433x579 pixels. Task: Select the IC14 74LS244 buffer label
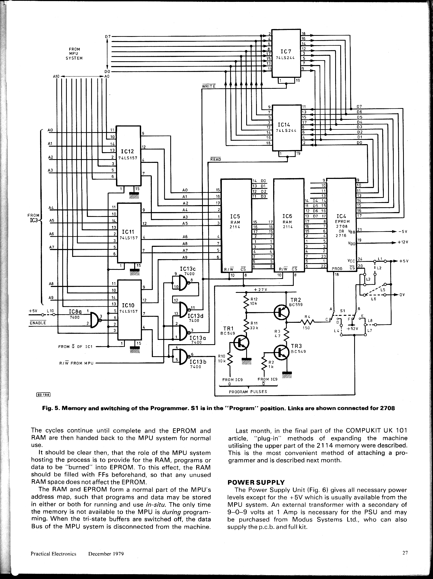[285, 127]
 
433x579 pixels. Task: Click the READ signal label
[216, 159]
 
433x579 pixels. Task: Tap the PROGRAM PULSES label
[248, 392]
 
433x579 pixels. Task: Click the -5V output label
[403, 232]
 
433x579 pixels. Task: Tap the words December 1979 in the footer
[106, 554]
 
